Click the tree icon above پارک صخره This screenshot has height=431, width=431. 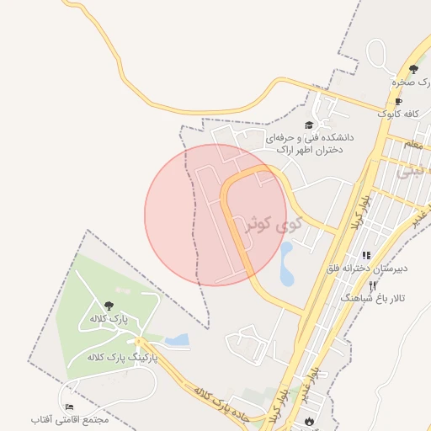click(413, 69)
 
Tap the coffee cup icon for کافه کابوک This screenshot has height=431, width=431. click(398, 101)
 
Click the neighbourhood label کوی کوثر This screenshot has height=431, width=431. click(267, 222)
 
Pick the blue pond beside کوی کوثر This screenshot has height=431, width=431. click(286, 263)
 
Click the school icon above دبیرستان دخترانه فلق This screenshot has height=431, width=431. click(366, 254)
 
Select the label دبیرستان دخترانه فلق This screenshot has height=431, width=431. click(367, 269)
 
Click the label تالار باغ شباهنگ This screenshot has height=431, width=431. click(372, 299)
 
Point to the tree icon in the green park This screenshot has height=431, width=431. click(109, 306)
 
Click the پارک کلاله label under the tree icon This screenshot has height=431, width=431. click(108, 320)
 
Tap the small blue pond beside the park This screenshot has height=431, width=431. click(177, 340)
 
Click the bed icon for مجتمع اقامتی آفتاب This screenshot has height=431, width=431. click(69, 407)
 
